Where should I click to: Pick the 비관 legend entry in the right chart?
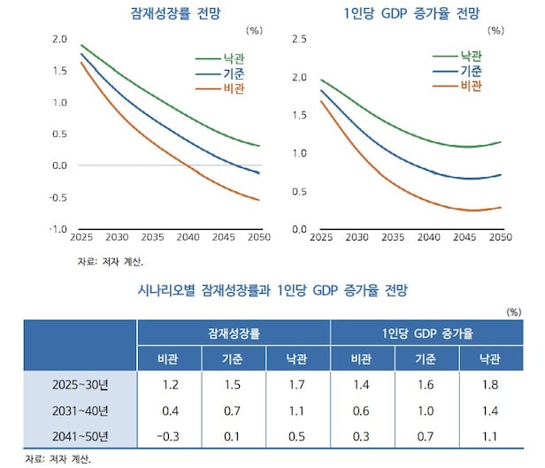(x=471, y=85)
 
